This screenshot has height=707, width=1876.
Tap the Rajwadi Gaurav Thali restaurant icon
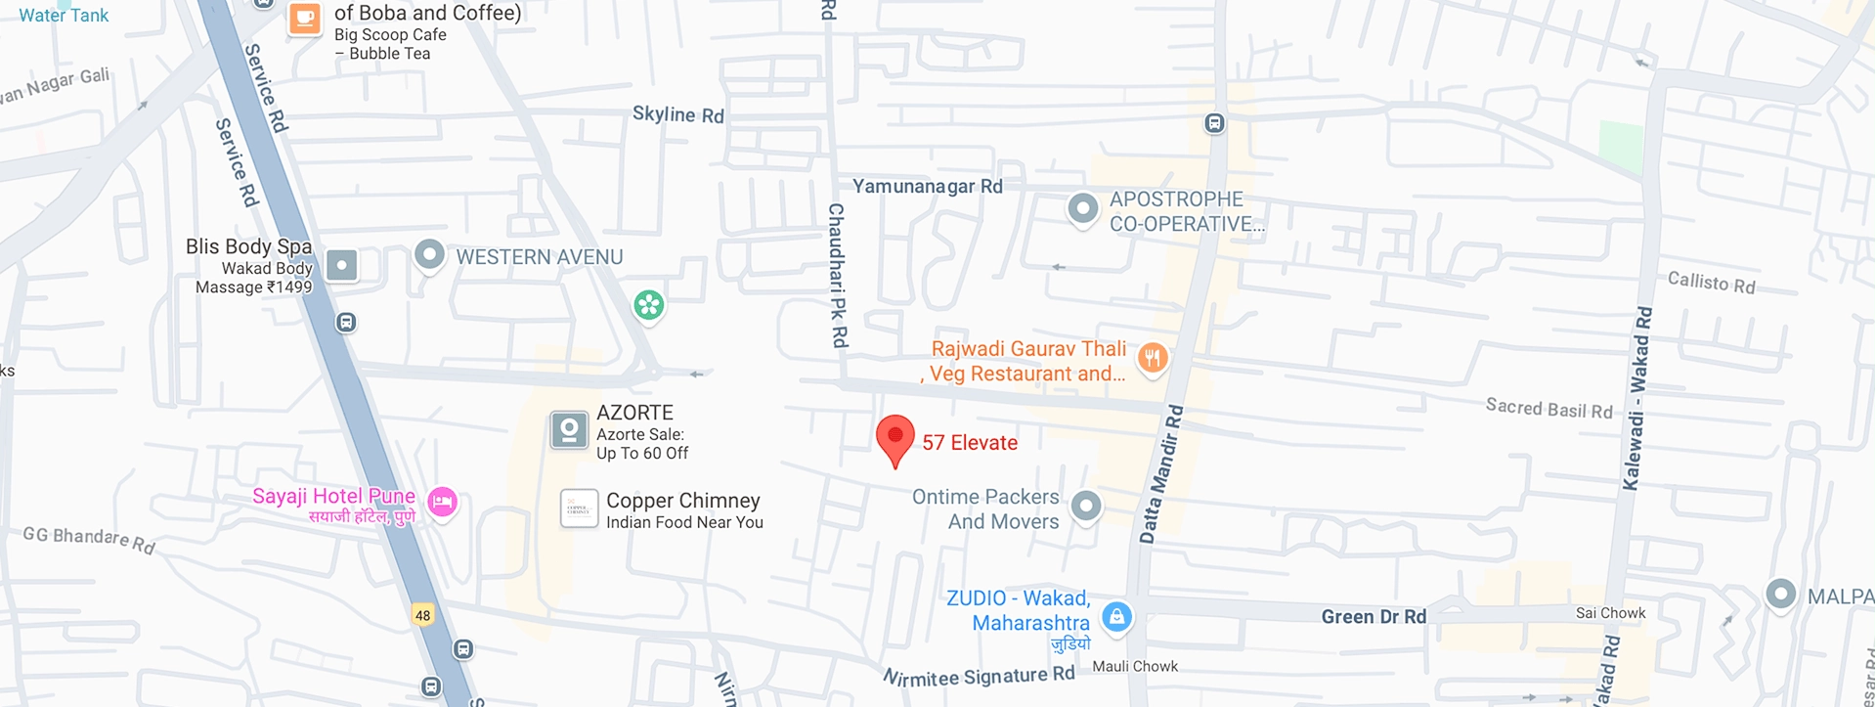click(1153, 358)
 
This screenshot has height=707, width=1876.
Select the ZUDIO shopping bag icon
click(1116, 616)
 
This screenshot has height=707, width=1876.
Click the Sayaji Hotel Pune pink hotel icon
click(442, 502)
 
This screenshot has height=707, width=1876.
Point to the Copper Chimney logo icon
click(579, 508)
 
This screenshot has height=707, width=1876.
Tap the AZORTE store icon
click(568, 429)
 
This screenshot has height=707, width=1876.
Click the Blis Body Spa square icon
click(341, 265)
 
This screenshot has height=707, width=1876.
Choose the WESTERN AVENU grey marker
click(429, 255)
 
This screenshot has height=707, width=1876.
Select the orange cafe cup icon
click(304, 18)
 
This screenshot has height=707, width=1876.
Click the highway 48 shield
click(422, 615)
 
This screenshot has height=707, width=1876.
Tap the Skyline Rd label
click(677, 114)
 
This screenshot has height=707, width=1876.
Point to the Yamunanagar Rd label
click(927, 186)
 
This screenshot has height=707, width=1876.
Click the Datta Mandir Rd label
click(1161, 474)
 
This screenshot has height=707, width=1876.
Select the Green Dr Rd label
click(1374, 616)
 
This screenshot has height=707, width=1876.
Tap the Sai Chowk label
click(1610, 613)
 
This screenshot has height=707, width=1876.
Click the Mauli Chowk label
click(1134, 666)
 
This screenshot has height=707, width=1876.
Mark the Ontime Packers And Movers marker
click(1086, 506)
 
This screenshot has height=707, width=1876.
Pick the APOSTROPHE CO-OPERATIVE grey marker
click(1082, 208)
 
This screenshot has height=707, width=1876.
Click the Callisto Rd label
click(1711, 283)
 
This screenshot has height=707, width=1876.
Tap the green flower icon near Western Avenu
click(648, 305)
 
